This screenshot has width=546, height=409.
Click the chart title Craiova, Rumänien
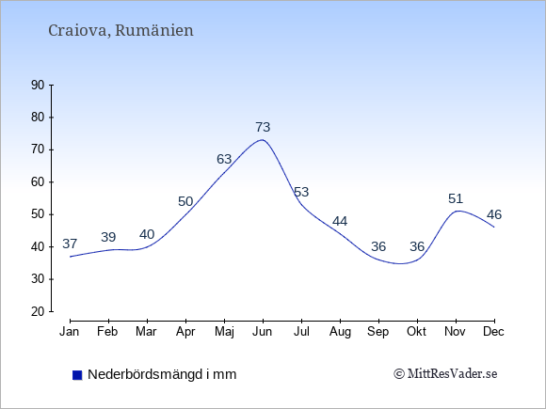tap(120, 31)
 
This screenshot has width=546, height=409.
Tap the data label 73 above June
tap(263, 127)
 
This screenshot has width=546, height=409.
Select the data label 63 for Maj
tap(224, 159)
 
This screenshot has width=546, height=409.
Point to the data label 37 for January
tap(70, 244)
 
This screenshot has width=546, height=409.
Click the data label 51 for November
tap(456, 199)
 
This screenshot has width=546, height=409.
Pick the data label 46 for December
tap(494, 215)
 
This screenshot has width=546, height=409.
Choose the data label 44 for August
tap(340, 221)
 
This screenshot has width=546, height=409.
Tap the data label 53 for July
tap(301, 192)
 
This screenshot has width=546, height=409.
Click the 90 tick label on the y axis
tap(38, 86)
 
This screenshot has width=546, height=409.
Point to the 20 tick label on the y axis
tap(38, 311)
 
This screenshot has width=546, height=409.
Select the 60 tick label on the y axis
tap(38, 182)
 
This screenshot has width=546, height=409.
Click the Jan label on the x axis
tap(70, 332)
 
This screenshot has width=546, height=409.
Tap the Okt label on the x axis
tap(416, 332)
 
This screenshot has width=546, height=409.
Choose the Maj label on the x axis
tap(224, 332)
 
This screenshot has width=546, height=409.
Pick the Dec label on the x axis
tap(494, 332)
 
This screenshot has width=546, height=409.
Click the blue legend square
tap(77, 375)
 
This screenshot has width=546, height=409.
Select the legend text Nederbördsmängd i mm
tap(162, 374)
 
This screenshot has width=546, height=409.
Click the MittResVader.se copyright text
tap(445, 374)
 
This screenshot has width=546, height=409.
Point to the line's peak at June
tap(263, 140)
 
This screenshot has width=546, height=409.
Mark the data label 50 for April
tap(185, 202)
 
